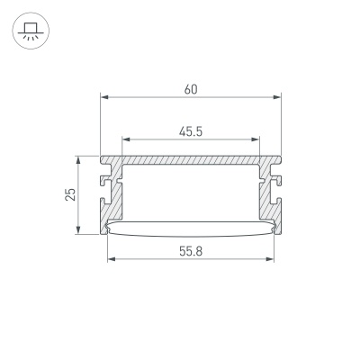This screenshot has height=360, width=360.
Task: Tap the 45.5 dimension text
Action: [190, 131]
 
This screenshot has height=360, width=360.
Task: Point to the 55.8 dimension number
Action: [190, 251]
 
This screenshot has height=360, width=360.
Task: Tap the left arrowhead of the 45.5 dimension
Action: [125, 139]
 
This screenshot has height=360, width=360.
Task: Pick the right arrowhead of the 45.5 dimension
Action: [256, 139]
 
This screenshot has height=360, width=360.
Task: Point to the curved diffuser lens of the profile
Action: [190, 228]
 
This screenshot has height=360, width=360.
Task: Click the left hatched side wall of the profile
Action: [114, 193]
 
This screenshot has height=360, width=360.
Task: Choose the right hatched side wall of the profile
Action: [266, 193]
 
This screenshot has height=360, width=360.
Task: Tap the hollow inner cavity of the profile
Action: [190, 191]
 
